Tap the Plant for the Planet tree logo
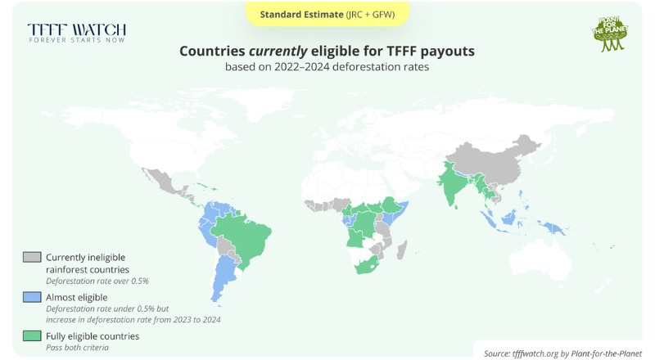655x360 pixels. tap(608, 33)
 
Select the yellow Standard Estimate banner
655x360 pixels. tap(327, 14)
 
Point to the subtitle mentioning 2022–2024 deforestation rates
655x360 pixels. tap(327, 67)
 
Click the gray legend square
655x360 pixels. tap(32, 257)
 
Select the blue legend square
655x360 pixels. tap(32, 297)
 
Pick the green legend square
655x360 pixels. tap(32, 336)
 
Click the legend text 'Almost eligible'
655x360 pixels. tap(77, 296)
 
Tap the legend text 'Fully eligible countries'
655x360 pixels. tap(93, 336)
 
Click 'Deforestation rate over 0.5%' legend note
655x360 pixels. tap(97, 281)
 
